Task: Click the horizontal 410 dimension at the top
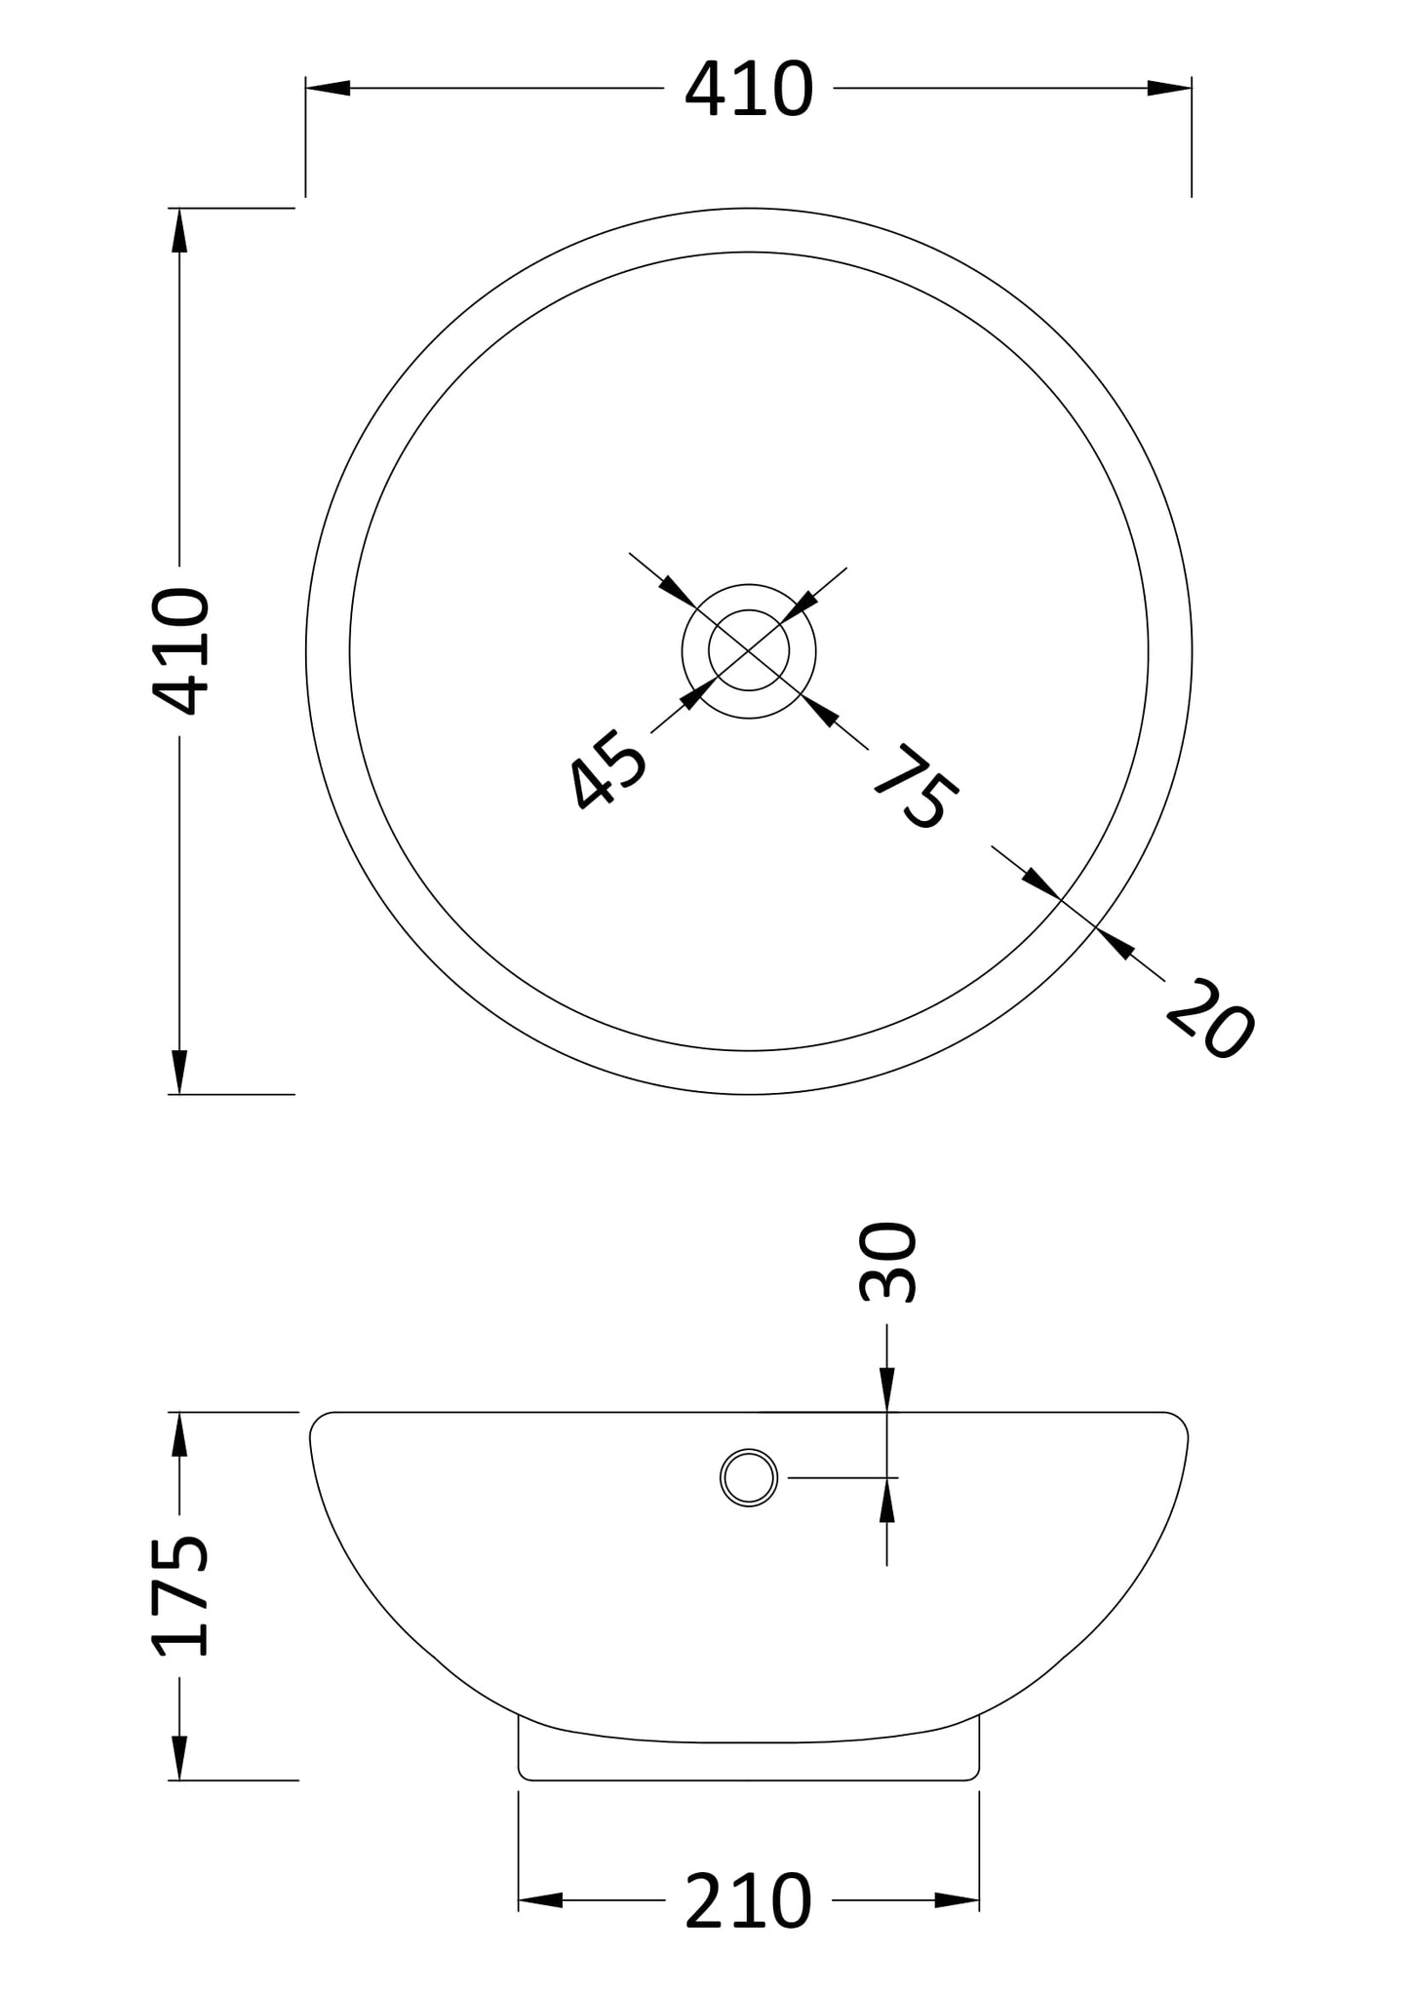[748, 90]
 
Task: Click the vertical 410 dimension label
[181, 651]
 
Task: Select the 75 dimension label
[916, 787]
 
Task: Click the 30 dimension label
[888, 1263]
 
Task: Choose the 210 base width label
[748, 1900]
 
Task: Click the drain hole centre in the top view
[748, 650]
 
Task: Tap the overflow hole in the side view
[749, 1477]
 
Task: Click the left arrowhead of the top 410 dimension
[329, 89]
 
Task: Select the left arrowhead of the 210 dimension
[540, 1899]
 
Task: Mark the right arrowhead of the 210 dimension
[957, 1899]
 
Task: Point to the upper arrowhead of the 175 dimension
[179, 1434]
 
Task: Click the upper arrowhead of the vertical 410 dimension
[179, 231]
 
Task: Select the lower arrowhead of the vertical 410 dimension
[179, 1071]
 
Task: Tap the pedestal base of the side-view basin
[748, 1761]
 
